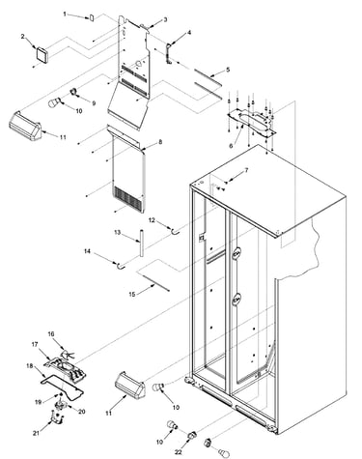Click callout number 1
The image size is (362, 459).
pyautogui.click(x=65, y=14)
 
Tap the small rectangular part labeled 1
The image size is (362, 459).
pyautogui.click(x=91, y=17)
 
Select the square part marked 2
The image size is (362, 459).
pyautogui.click(x=42, y=53)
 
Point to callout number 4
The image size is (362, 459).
pyautogui.click(x=189, y=33)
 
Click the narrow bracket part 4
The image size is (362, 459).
pyautogui.click(x=169, y=53)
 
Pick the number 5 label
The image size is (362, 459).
pyautogui.click(x=228, y=70)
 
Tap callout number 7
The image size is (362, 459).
pyautogui.click(x=246, y=170)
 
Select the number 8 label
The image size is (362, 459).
pyautogui.click(x=160, y=142)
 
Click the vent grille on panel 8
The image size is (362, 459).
pyautogui.click(x=128, y=198)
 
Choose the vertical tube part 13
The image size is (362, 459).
pyautogui.click(x=141, y=243)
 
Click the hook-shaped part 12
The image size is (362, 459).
pyautogui.click(x=175, y=230)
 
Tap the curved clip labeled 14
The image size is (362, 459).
pyautogui.click(x=121, y=265)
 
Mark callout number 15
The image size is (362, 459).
pyautogui.click(x=132, y=294)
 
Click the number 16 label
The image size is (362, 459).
pyautogui.click(x=51, y=333)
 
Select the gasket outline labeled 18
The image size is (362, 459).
pyautogui.click(x=62, y=385)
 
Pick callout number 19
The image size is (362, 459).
pyautogui.click(x=39, y=402)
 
